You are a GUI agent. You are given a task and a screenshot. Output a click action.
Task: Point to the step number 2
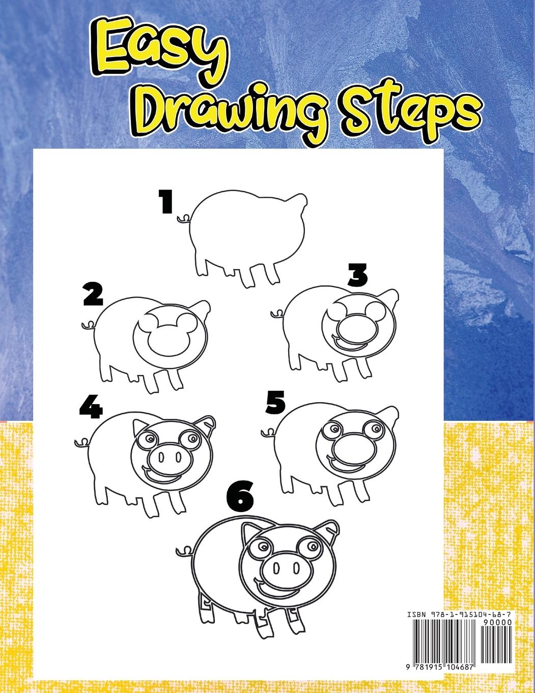click(x=93, y=295)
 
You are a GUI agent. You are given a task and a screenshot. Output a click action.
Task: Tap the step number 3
click(x=357, y=274)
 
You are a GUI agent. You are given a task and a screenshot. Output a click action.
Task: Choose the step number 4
click(x=91, y=407)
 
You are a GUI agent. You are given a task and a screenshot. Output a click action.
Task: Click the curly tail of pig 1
click(x=184, y=219)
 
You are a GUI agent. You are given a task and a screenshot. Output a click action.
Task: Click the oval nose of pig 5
click(x=351, y=449)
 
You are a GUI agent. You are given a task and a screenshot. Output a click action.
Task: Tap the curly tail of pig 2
click(x=88, y=325)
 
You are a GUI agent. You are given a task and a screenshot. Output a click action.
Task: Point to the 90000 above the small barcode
click(x=498, y=622)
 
